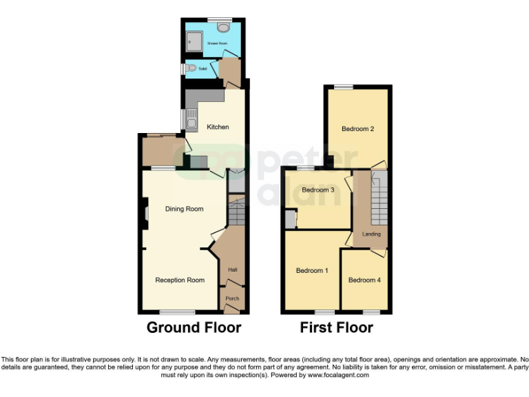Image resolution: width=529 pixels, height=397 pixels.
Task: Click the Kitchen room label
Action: pyautogui.click(x=218, y=127)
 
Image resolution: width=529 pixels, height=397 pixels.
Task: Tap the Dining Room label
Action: pyautogui.click(x=184, y=209)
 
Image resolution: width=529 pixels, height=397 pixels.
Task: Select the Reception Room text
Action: pyautogui.click(x=180, y=280)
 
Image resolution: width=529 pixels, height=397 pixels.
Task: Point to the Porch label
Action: pyautogui.click(x=232, y=298)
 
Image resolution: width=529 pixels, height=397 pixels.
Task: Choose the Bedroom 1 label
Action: pyautogui.click(x=312, y=270)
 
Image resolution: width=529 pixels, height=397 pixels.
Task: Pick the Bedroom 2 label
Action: pyautogui.click(x=357, y=128)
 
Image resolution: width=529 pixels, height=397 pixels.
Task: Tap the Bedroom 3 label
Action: pyautogui.click(x=318, y=190)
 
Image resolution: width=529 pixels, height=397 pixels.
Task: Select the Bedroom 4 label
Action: pyautogui.click(x=364, y=280)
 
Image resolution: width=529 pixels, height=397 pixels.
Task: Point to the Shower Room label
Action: pyautogui.click(x=217, y=43)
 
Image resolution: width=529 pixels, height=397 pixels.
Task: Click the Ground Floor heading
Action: pyautogui.click(x=194, y=328)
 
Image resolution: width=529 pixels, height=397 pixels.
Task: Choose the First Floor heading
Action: pyautogui.click(x=336, y=328)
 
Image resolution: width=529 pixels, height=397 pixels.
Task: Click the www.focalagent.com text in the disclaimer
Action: pyautogui.click(x=338, y=375)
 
